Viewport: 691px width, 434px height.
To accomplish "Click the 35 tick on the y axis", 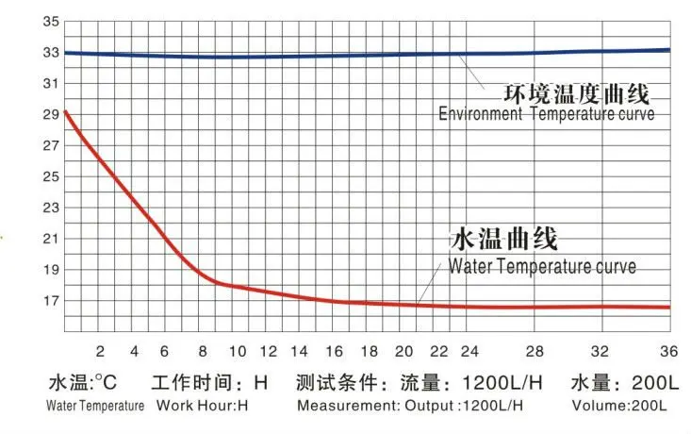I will pyautogui.click(x=50, y=22).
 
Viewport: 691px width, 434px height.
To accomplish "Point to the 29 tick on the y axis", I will pyautogui.click(x=50, y=115).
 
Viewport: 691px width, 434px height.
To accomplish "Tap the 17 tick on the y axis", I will pyautogui.click(x=50, y=301).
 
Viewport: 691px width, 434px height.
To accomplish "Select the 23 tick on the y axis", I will pyautogui.click(x=50, y=208).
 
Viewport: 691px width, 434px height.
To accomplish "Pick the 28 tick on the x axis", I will pyautogui.click(x=535, y=350).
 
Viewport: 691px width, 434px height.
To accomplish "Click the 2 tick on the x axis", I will pyautogui.click(x=100, y=350).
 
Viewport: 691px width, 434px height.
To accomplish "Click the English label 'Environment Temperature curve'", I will pyautogui.click(x=547, y=115).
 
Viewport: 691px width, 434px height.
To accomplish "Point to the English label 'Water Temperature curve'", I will pyautogui.click(x=542, y=267).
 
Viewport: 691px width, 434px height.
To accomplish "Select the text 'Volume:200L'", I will pyautogui.click(x=619, y=406).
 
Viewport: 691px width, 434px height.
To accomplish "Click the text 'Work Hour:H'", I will pyautogui.click(x=202, y=406).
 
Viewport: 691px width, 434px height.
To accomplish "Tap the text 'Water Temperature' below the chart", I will pyautogui.click(x=96, y=406).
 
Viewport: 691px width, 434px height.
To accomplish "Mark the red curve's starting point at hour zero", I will pyautogui.click(x=65, y=112).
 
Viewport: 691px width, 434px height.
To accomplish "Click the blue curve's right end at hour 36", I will pyautogui.click(x=670, y=49).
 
